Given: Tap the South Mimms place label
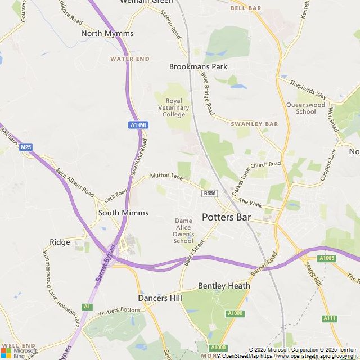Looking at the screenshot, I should click(123, 213).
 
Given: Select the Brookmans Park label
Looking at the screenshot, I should click(198, 66).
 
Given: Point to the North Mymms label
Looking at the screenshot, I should click(107, 33).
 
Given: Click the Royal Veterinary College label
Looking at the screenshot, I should click(174, 108).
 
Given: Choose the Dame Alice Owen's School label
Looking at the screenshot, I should click(183, 231).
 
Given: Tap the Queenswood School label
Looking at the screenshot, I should click(306, 108).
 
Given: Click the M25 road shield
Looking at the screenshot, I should click(25, 147).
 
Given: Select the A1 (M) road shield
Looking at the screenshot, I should click(138, 124).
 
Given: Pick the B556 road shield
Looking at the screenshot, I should click(209, 193).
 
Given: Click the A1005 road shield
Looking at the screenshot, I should click(327, 258).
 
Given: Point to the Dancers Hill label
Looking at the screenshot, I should click(160, 298).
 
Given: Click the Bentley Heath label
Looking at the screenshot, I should click(224, 286).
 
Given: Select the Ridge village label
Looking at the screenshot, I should click(60, 242).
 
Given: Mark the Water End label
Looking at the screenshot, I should click(130, 58).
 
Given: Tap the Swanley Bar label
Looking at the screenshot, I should click(254, 124).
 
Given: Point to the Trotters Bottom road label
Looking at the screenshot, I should click(119, 310).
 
